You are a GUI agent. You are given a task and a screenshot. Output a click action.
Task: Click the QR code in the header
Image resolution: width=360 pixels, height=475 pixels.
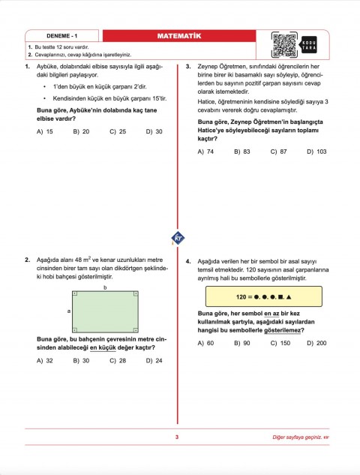(284, 45)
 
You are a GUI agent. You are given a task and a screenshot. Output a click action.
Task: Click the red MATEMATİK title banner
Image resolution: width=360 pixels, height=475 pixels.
(178, 36)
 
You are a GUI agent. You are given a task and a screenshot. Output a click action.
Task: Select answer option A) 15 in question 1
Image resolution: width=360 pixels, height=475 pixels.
(44, 131)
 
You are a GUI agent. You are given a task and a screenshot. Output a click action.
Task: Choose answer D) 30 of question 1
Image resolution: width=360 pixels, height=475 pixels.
(153, 131)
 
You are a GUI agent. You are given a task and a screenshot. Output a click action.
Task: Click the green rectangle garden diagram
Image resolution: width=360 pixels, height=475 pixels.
(104, 309)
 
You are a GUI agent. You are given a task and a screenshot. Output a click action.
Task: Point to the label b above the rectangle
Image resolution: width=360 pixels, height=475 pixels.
(104, 287)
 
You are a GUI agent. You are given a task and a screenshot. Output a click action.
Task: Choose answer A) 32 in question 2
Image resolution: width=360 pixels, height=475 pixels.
(44, 360)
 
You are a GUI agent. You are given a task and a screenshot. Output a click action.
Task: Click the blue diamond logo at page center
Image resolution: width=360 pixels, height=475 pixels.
(179, 237)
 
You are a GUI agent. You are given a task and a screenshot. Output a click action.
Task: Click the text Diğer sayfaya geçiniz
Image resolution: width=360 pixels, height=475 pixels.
(300, 437)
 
